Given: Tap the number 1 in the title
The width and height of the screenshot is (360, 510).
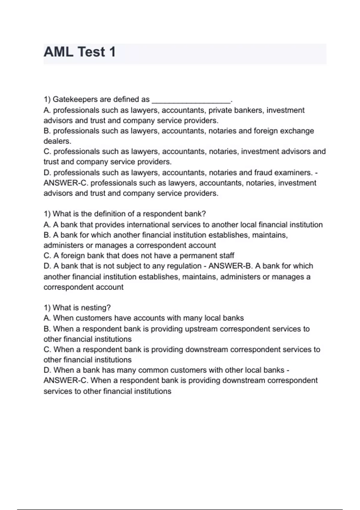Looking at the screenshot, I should (x=112, y=52).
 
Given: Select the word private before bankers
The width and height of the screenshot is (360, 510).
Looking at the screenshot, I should (x=220, y=110).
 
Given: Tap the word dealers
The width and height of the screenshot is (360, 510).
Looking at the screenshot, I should (x=57, y=141).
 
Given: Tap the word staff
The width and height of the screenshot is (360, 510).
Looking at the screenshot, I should (x=225, y=256).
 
